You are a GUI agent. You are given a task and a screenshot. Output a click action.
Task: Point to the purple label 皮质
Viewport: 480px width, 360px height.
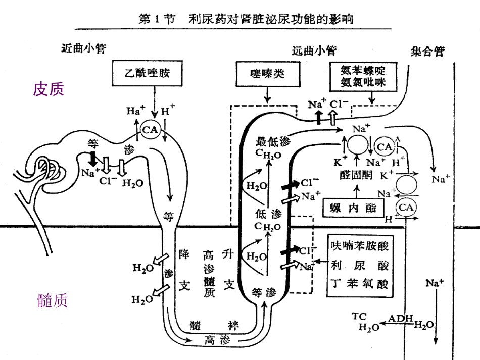[x=49, y=89]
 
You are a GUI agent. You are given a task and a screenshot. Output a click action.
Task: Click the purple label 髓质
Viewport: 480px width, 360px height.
[x=52, y=301]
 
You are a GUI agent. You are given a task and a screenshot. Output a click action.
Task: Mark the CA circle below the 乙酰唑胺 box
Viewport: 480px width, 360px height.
[x=150, y=130]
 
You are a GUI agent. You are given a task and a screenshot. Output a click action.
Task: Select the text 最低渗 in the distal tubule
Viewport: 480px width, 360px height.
[x=273, y=141]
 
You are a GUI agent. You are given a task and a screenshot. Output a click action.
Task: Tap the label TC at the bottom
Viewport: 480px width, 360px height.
[x=359, y=316]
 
